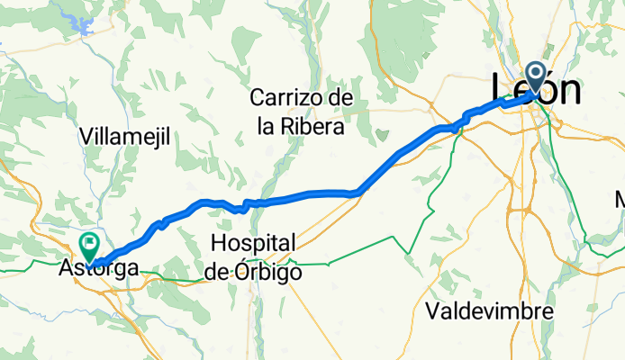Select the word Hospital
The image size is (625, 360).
pos(253,243)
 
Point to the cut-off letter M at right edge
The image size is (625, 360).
pos(620,199)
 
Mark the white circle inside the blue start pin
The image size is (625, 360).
pos(535,73)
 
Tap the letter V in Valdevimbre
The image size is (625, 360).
pos(432,311)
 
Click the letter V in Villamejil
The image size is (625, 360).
pos(86,137)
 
